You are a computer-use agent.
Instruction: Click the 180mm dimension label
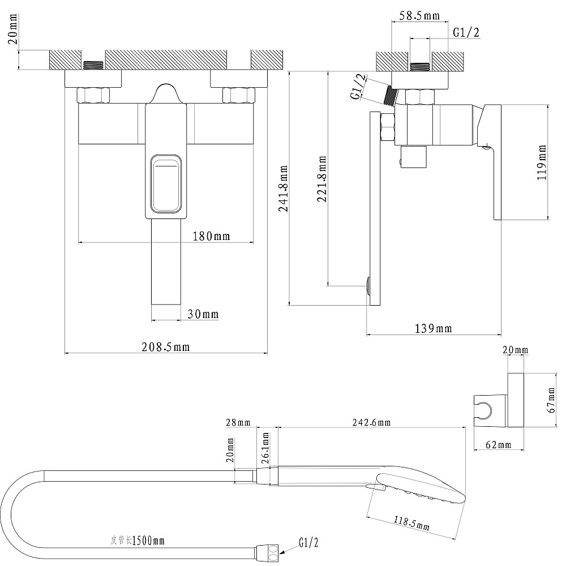pyautogui.click(x=211, y=237)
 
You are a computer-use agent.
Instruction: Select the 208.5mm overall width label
pyautogui.click(x=165, y=348)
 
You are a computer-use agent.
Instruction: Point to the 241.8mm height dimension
pyautogui.click(x=284, y=188)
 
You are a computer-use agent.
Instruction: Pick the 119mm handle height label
pyautogui.click(x=543, y=162)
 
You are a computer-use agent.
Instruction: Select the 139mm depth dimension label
pyautogui.click(x=433, y=328)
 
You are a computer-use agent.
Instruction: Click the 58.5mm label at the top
pyautogui.click(x=419, y=16)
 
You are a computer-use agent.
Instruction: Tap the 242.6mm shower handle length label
pyautogui.click(x=371, y=422)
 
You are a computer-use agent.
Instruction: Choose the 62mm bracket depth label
pyautogui.click(x=498, y=445)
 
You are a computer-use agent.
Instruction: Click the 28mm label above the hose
pyautogui.click(x=238, y=422)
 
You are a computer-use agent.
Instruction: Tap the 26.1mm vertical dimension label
pyautogui.click(x=265, y=448)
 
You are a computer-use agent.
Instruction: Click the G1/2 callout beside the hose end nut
pyautogui.click(x=308, y=543)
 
